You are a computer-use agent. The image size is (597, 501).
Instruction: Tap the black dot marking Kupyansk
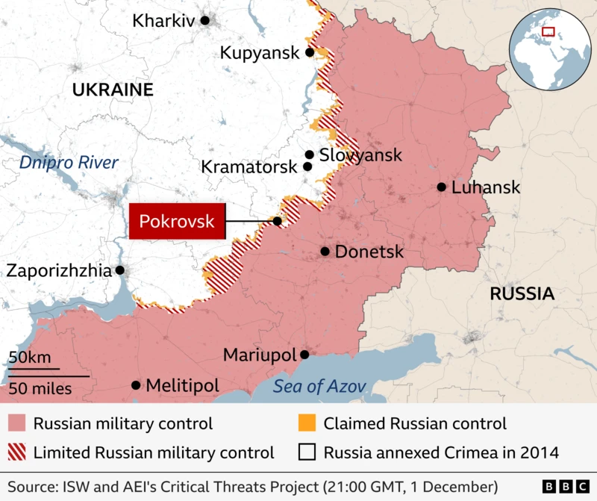tap(309, 52)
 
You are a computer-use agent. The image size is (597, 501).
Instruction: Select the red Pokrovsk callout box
tap(177, 221)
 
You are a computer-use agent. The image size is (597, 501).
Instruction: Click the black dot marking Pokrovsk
tap(277, 221)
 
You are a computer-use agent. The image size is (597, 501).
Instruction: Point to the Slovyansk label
tap(360, 155)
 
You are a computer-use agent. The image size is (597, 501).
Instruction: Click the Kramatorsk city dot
tap(307, 167)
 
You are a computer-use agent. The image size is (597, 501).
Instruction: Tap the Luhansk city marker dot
tap(442, 187)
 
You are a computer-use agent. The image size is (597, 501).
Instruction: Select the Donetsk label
tap(369, 252)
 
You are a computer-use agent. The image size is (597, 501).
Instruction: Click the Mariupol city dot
tap(304, 355)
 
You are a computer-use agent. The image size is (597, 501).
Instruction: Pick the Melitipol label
tap(182, 385)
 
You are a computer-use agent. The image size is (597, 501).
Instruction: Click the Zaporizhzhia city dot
tap(119, 270)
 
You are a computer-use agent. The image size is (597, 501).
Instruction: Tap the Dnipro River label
tap(69, 162)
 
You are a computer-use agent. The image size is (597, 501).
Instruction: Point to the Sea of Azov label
tap(319, 386)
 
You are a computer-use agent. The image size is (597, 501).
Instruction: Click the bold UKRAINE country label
tap(113, 90)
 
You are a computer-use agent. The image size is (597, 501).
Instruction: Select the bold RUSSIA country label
tap(522, 293)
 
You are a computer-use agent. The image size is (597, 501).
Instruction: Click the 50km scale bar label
tap(30, 358)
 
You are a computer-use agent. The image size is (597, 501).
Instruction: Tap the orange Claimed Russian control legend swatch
tap(306, 423)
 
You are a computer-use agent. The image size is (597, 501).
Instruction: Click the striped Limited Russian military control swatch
tap(16, 452)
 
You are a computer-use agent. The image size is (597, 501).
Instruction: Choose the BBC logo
tap(563, 486)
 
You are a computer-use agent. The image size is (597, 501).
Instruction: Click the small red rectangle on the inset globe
tap(548, 31)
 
